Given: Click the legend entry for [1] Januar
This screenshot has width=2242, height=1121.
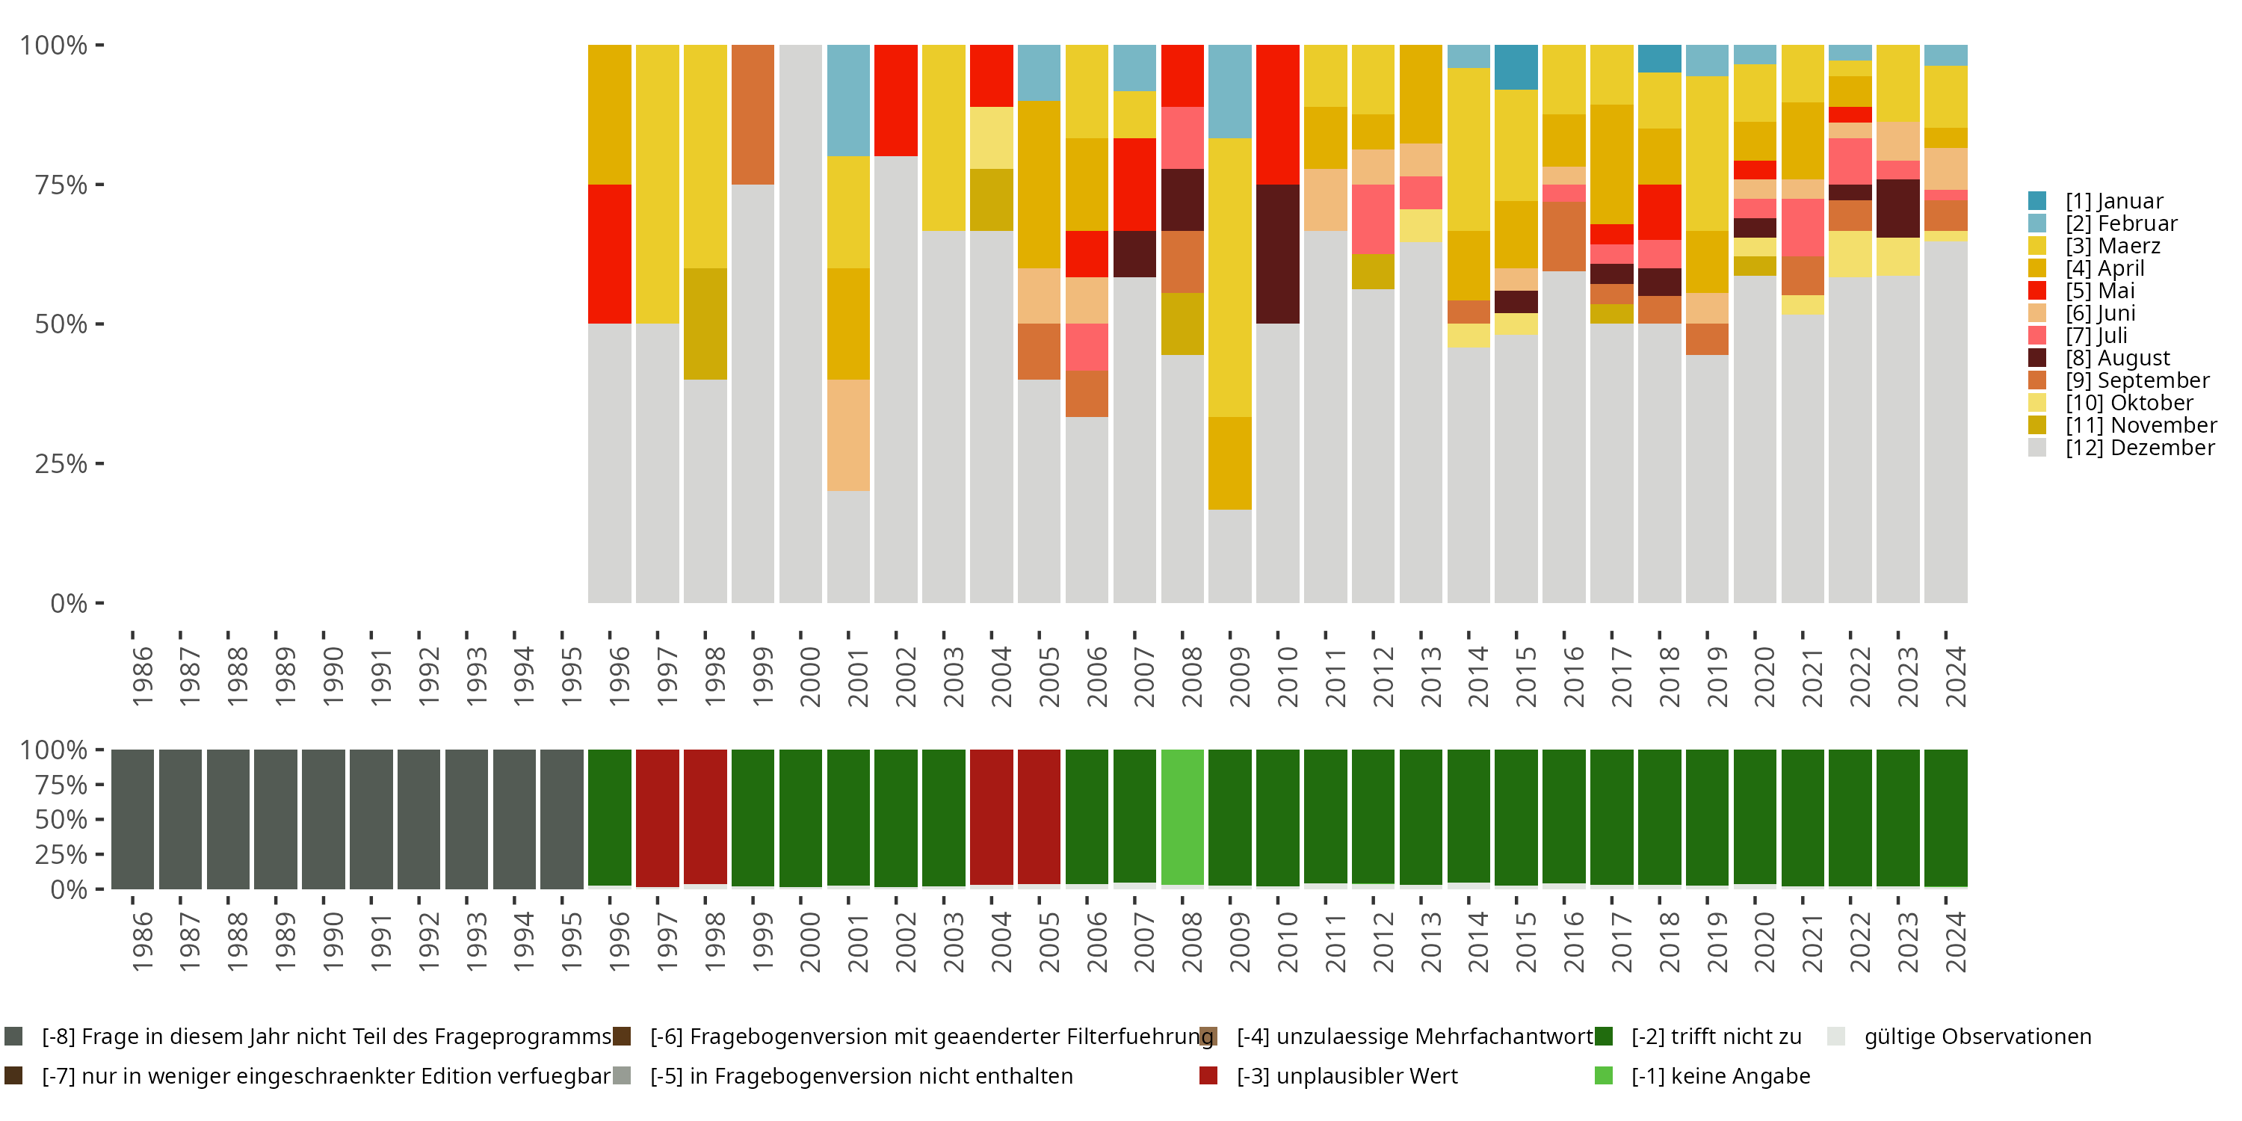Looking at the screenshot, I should pyautogui.click(x=2114, y=201).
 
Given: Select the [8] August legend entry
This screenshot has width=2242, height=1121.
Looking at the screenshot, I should pyautogui.click(x=2117, y=358).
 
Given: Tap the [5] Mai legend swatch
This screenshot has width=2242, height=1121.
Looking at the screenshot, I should pyautogui.click(x=2037, y=291).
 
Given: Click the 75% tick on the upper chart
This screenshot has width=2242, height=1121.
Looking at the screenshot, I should pyautogui.click(x=62, y=185).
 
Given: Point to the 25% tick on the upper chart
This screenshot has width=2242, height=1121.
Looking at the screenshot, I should pyautogui.click(x=62, y=463).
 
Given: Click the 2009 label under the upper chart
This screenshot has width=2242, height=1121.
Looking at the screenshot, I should pyautogui.click(x=1238, y=676).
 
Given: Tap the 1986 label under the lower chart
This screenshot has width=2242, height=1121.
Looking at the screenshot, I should pyautogui.click(x=142, y=942).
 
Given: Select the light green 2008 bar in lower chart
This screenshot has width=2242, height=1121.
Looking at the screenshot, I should pyautogui.click(x=1182, y=816).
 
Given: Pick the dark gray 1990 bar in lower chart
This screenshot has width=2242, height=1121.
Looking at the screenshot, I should pyautogui.click(x=324, y=818).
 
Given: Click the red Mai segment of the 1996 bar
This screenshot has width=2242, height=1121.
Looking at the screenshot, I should pyautogui.click(x=609, y=253).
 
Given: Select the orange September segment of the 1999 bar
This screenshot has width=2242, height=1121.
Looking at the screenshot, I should pyautogui.click(x=753, y=114).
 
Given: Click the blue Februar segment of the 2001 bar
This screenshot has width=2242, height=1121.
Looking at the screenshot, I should pyautogui.click(x=847, y=100).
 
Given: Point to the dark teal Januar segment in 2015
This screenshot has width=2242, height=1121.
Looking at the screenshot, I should pyautogui.click(x=1516, y=67).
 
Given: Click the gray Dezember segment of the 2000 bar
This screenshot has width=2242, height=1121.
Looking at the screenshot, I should pyautogui.click(x=800, y=323).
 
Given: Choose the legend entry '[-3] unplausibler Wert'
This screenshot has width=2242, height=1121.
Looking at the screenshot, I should pyautogui.click(x=1347, y=1075).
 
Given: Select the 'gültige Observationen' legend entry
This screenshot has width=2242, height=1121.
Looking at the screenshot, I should pyautogui.click(x=1977, y=1037).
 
